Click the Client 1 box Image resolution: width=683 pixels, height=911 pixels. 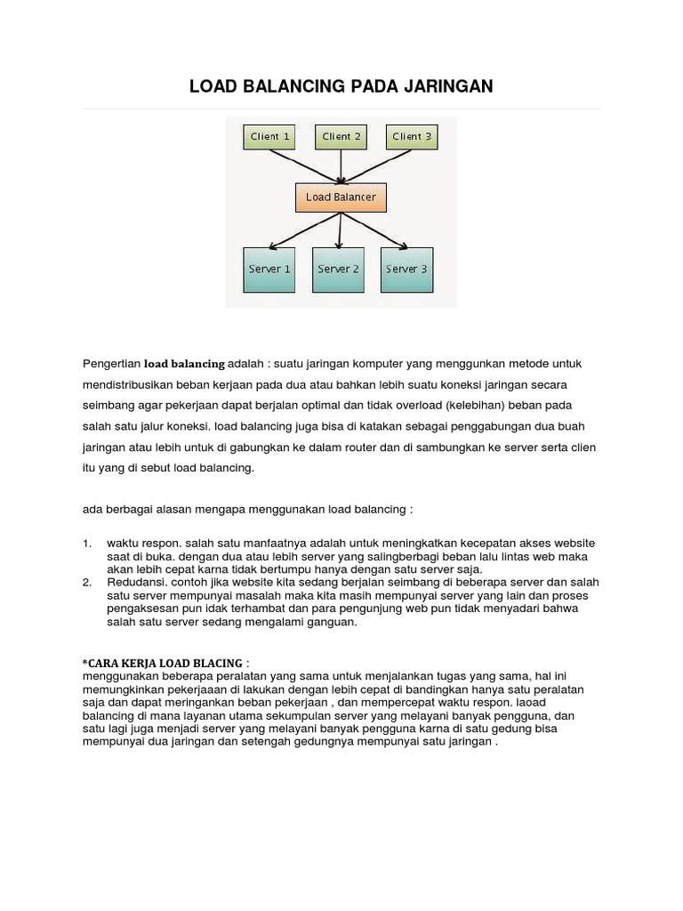[x=270, y=137]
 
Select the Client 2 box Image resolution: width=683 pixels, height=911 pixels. [x=341, y=137]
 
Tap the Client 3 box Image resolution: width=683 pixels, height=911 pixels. [x=412, y=137]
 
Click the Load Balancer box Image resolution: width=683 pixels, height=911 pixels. [x=341, y=197]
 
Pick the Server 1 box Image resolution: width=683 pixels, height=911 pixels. [x=268, y=269]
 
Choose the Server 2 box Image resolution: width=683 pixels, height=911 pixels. [x=338, y=269]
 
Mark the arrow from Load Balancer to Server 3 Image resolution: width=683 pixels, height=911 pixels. [x=377, y=229]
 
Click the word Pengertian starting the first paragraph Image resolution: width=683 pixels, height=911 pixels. [x=111, y=364]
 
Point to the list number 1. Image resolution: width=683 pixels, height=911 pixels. [x=86, y=543]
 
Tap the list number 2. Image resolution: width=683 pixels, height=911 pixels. [x=86, y=583]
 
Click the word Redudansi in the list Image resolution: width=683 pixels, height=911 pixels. [x=133, y=583]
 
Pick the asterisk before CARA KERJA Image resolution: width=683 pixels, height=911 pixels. [x=84, y=662]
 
